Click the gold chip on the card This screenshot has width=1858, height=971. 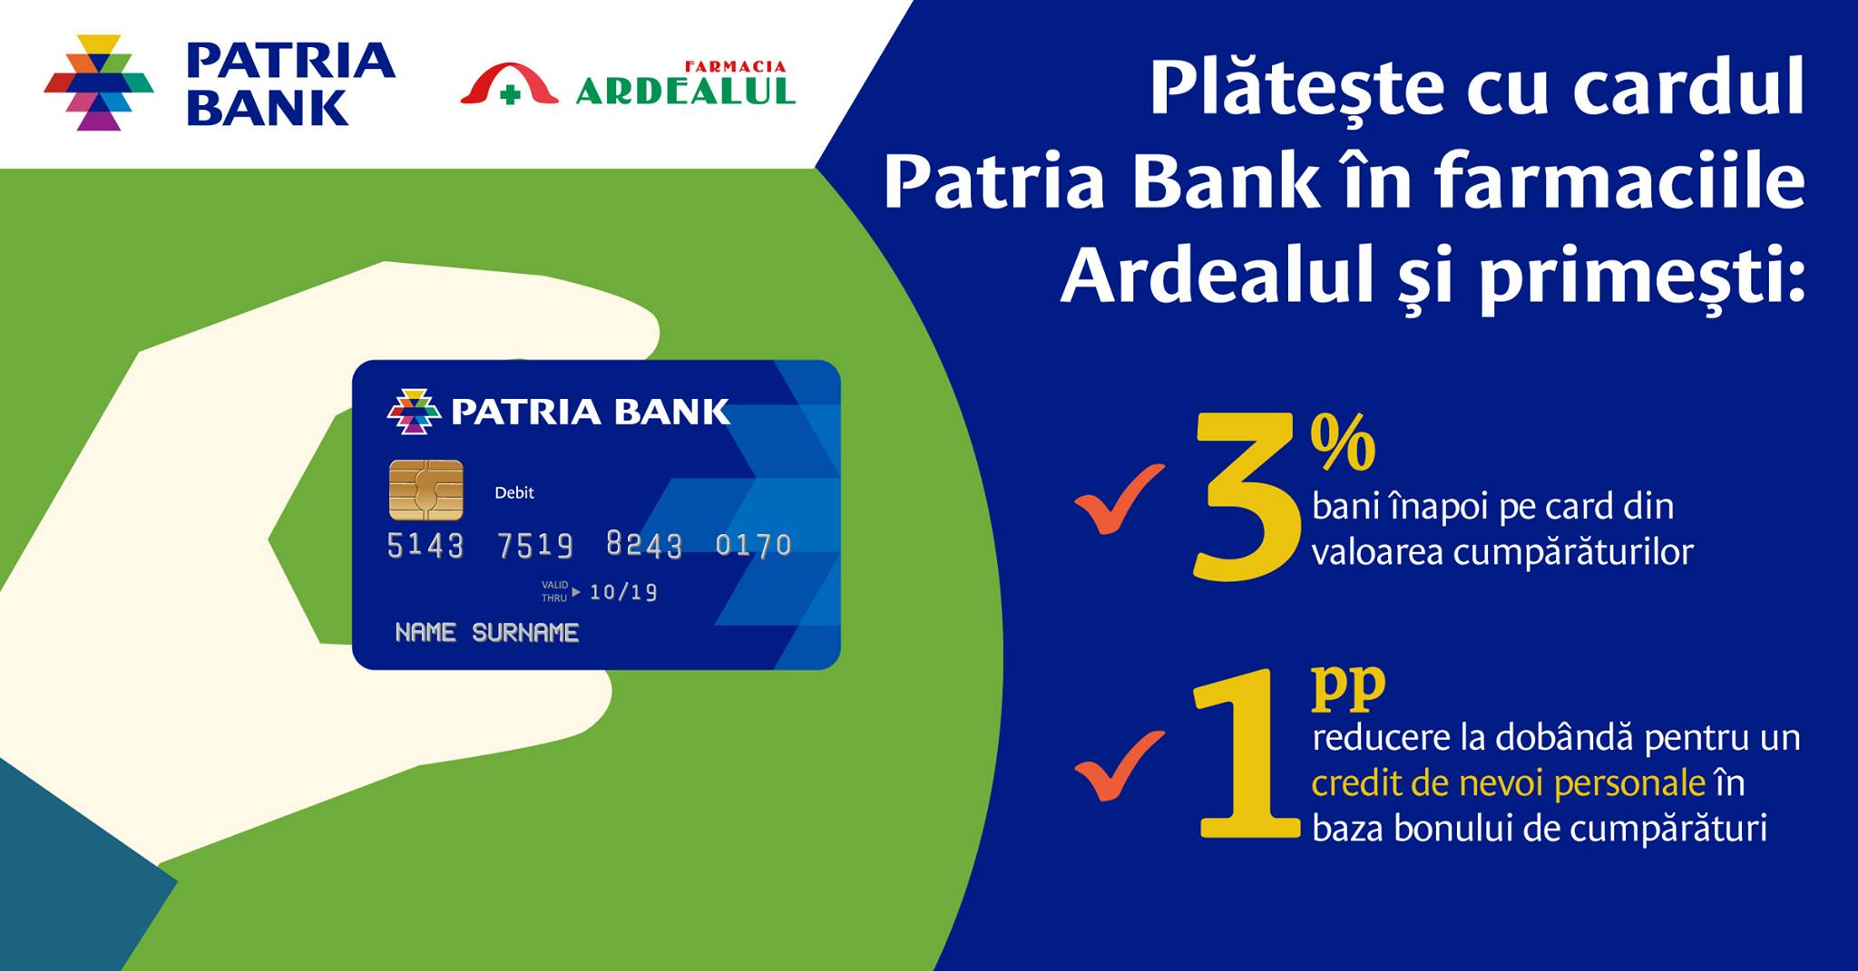[425, 490]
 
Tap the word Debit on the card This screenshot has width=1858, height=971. [513, 492]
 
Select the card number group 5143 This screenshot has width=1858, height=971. [425, 545]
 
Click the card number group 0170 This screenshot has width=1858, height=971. [753, 545]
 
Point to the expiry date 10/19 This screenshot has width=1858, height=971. [623, 592]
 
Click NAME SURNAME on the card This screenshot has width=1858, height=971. [487, 632]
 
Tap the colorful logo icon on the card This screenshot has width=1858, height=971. [414, 412]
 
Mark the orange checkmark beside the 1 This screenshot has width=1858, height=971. [1119, 765]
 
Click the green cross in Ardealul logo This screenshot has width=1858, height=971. [511, 94]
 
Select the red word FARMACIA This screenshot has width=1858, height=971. [735, 67]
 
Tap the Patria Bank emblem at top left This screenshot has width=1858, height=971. [99, 83]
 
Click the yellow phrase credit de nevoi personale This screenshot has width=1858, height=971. [1509, 783]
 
